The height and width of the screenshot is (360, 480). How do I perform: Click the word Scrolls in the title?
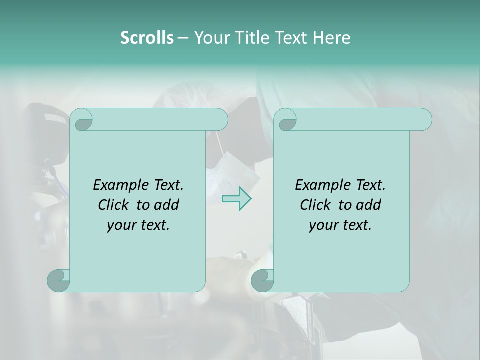point(147,38)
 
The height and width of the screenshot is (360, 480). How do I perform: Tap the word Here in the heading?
point(331,38)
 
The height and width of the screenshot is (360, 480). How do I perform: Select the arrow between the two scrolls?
point(237,199)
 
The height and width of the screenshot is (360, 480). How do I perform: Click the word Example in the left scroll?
point(119,185)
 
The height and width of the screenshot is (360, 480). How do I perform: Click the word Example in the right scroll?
point(321,185)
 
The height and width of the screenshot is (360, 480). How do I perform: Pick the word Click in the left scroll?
point(114,205)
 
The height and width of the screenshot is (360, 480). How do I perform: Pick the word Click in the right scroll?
point(315,205)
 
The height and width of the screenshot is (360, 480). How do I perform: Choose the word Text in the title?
point(290,38)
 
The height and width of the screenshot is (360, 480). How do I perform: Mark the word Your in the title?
point(211,38)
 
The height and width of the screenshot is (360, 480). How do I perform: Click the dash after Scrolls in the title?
point(183,38)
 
